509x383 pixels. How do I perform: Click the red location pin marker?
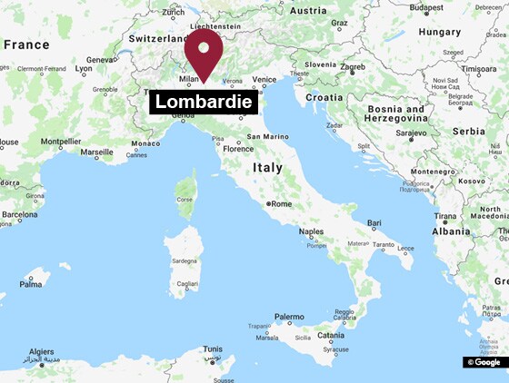point(204,54)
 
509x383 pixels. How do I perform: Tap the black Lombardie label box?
point(204,102)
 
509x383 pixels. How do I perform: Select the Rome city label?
point(280,203)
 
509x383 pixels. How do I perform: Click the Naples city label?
point(311,231)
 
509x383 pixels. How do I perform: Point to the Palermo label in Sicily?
point(289,317)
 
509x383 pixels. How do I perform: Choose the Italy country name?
point(267,168)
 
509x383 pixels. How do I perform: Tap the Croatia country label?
point(324,96)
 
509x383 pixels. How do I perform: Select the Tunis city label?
point(213,349)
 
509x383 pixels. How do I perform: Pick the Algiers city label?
point(43,351)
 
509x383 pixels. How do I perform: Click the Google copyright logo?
point(484,362)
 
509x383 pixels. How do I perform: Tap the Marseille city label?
point(96,152)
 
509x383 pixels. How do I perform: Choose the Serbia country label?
point(469,131)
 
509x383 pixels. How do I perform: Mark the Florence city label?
point(238,149)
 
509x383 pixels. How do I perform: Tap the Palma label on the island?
point(31,283)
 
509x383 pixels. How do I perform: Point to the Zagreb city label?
point(353,67)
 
